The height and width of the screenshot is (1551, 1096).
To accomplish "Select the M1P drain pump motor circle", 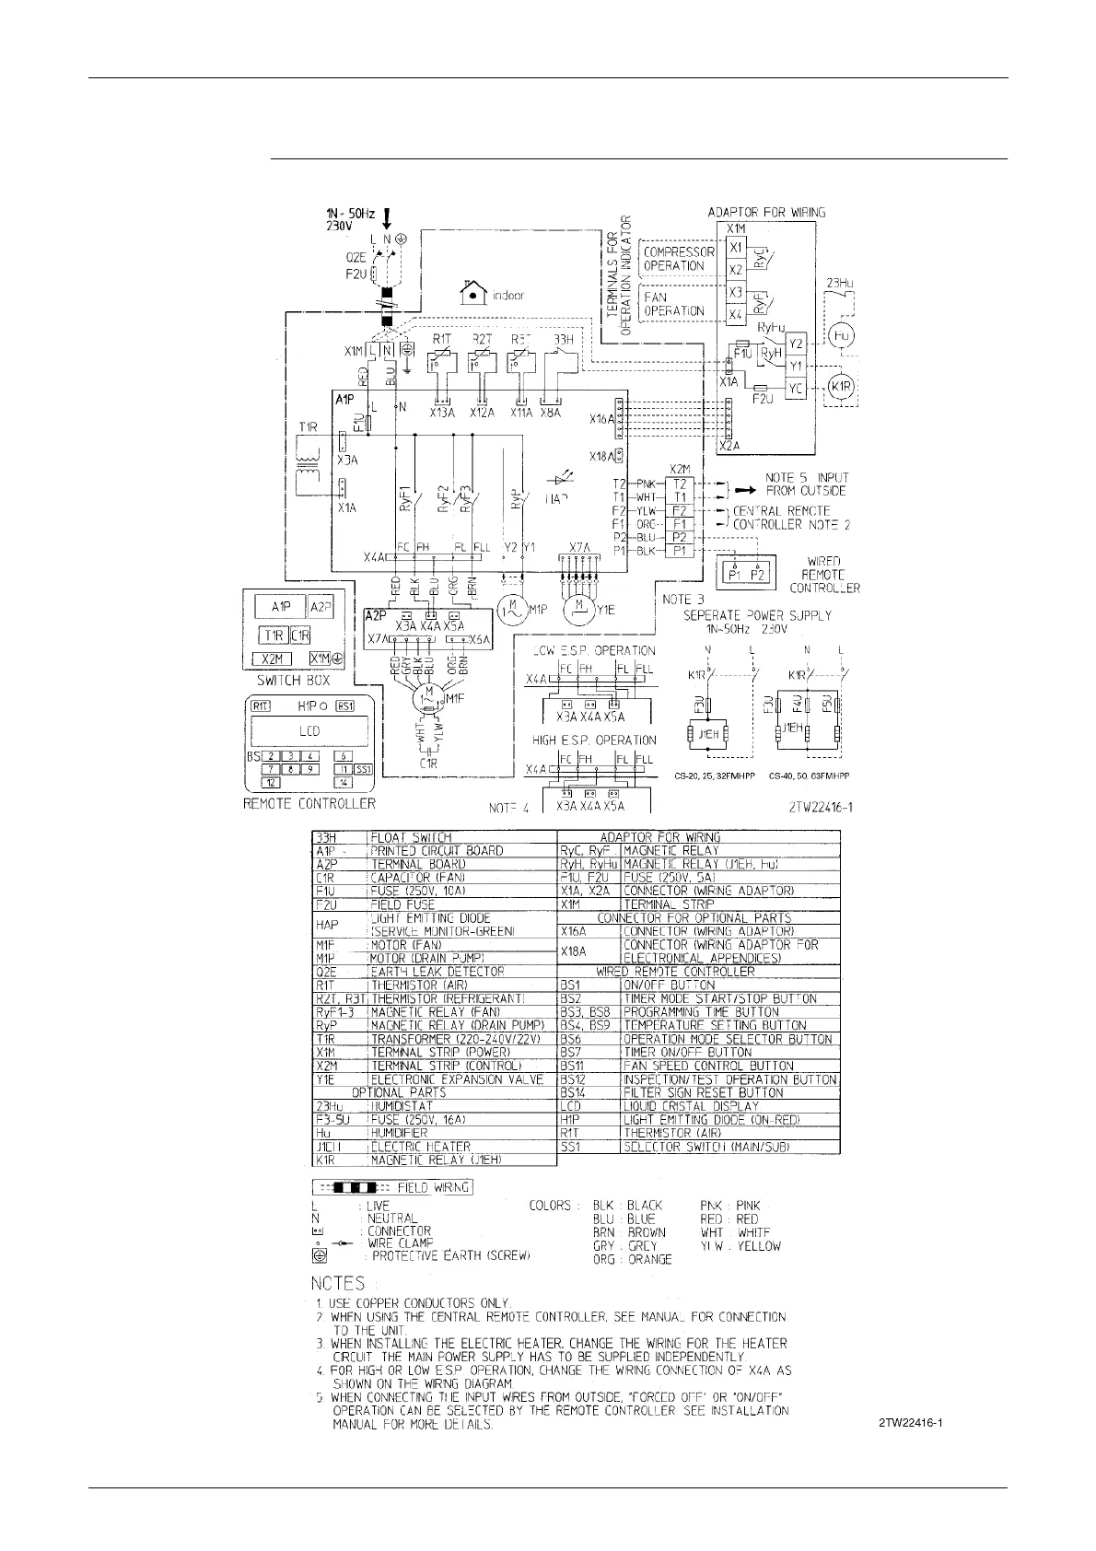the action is pyautogui.click(x=509, y=609).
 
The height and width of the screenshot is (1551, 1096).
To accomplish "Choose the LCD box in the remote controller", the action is pyautogui.click(x=309, y=732).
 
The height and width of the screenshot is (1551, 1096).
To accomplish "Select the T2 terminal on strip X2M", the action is pyautogui.click(x=680, y=484).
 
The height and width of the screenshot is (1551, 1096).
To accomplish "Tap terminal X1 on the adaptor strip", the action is pyautogui.click(x=735, y=248).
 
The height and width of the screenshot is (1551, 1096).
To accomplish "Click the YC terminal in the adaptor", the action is pyautogui.click(x=795, y=390).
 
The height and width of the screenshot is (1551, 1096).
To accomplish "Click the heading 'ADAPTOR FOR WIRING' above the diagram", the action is pyautogui.click(x=766, y=213).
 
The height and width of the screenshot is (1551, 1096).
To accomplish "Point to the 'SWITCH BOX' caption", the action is pyautogui.click(x=292, y=681).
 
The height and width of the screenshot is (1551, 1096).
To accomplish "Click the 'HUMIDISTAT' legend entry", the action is pyautogui.click(x=402, y=1106).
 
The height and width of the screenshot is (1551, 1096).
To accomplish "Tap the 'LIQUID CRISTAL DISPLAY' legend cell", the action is pyautogui.click(x=692, y=1106).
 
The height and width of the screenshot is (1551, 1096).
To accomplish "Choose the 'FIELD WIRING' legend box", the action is pyautogui.click(x=392, y=1186).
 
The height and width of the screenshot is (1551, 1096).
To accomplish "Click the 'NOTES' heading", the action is pyautogui.click(x=337, y=1283).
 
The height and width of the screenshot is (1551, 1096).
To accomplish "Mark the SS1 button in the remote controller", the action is pyautogui.click(x=362, y=768).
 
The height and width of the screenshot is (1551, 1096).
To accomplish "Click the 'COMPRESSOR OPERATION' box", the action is pyautogui.click(x=679, y=259).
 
